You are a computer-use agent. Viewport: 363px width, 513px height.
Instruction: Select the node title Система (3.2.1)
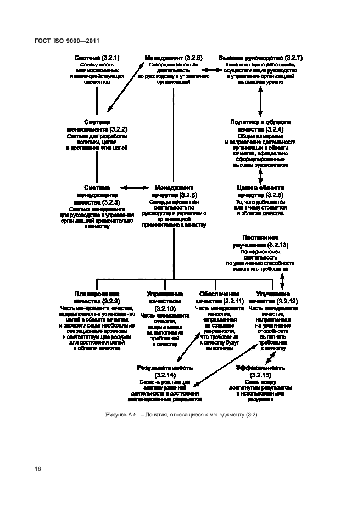click(97, 57)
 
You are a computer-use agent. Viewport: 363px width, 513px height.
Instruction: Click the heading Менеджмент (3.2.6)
click(174, 57)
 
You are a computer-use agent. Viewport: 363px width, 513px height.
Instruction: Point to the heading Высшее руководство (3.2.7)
click(260, 57)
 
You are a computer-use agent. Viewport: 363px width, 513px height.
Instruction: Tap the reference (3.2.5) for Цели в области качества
click(273, 195)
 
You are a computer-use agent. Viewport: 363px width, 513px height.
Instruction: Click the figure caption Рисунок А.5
click(181, 415)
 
